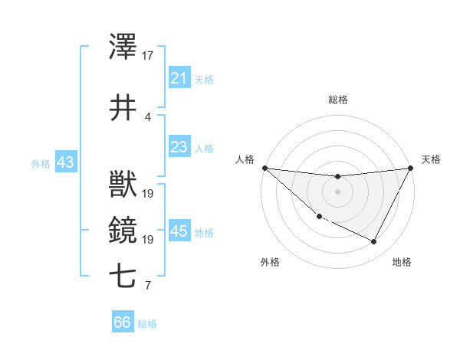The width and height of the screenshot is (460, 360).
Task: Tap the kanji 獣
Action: coord(123,186)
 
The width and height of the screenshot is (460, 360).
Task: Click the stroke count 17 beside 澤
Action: coord(148,56)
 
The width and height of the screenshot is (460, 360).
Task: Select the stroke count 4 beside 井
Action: coord(148,116)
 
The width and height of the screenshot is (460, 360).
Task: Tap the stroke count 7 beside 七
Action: coord(148,286)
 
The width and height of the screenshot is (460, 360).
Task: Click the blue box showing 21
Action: coord(179,78)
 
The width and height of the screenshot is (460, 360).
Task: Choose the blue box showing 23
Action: coord(179,147)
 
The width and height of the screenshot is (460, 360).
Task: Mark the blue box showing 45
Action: coord(179,231)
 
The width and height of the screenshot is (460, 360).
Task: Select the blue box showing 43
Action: coord(65,162)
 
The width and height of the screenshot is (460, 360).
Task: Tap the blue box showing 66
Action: coord(122,322)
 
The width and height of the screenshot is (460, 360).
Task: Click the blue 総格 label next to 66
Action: coord(147,324)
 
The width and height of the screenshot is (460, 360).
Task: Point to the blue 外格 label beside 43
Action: coord(41,163)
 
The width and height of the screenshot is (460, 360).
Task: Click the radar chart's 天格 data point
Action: coord(412,168)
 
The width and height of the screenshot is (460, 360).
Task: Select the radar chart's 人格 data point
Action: coord(264,168)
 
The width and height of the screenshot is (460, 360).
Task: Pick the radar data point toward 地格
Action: coord(374,242)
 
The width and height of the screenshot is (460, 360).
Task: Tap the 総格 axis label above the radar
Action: coord(338,100)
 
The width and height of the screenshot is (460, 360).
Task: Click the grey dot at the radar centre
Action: coord(337,191)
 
